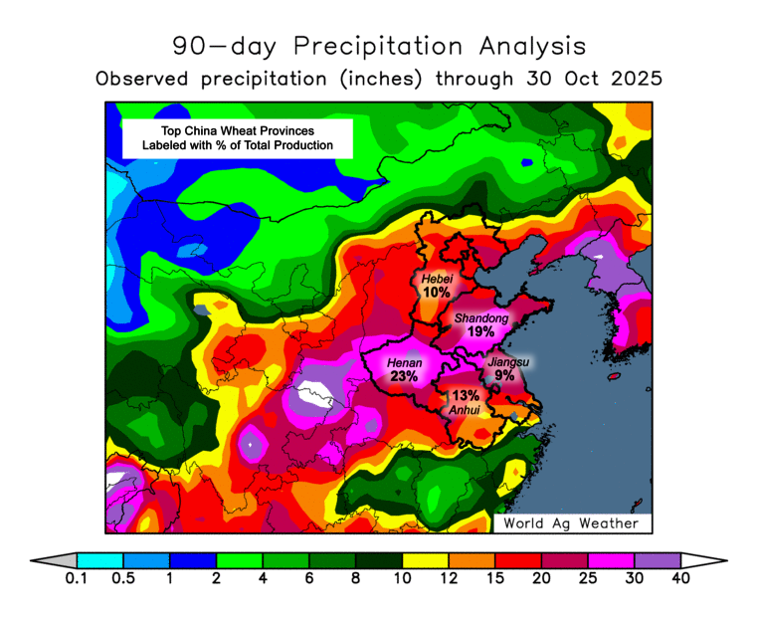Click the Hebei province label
coord(437,280)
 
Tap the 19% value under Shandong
coord(481,331)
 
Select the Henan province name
coord(405,363)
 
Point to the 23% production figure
coord(405,377)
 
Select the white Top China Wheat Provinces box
coord(237,138)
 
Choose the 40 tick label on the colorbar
coord(681,578)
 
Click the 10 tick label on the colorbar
coord(402,578)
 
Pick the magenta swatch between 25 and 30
coord(611,560)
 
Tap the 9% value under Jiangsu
coord(504,376)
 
